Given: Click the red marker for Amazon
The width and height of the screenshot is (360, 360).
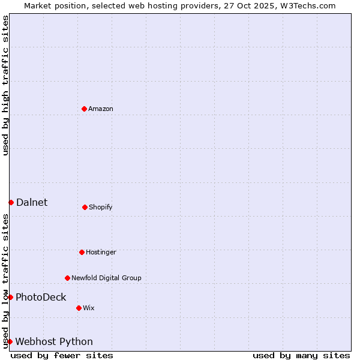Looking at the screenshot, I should (x=84, y=109).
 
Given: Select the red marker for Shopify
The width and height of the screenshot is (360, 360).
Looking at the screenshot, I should (x=85, y=207).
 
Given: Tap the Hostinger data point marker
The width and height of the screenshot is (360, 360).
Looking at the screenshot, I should (x=82, y=252).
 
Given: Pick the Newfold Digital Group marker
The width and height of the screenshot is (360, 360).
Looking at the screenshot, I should (x=67, y=278).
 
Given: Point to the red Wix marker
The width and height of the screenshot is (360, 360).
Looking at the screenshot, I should (x=79, y=308).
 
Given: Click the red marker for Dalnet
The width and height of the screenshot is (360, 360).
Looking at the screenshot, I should (x=11, y=202).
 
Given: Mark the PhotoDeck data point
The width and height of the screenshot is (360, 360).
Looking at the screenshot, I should (x=10, y=297).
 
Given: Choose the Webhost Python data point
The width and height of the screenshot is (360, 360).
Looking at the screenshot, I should (x=10, y=341).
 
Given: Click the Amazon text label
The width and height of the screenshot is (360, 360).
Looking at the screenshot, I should (x=101, y=109).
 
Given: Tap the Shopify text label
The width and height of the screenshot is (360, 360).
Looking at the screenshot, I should (x=101, y=207).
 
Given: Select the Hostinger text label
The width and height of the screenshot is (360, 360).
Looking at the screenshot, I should (x=101, y=252).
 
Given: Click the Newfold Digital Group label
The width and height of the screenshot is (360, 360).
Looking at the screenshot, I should (x=106, y=278).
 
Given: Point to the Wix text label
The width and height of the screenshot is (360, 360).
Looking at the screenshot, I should (x=89, y=308).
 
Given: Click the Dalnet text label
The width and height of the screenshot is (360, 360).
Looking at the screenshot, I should (x=32, y=202).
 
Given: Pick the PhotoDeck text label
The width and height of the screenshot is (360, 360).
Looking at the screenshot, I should (x=41, y=297).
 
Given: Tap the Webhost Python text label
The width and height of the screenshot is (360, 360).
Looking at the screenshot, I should (x=54, y=341).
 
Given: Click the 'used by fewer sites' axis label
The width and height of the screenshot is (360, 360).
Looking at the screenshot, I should (x=62, y=355).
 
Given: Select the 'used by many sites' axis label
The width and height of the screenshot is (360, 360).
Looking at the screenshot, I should (x=301, y=355).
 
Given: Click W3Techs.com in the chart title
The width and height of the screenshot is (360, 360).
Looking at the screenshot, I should (x=305, y=5).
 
